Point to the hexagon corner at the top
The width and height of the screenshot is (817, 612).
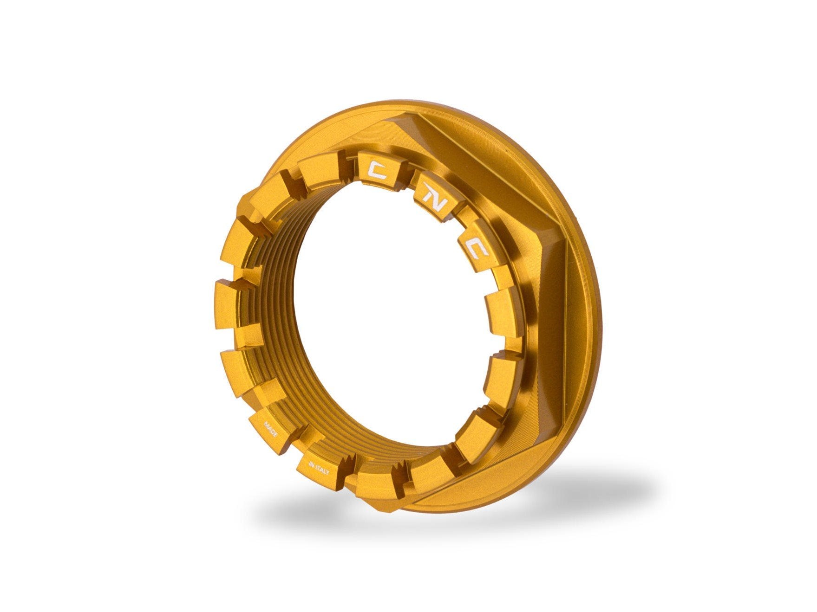(390, 122)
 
